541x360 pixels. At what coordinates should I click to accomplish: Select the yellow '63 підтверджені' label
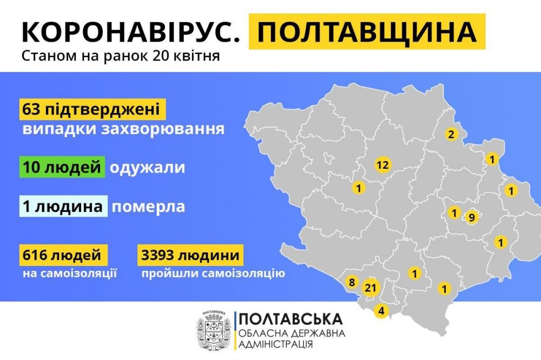click(91, 110)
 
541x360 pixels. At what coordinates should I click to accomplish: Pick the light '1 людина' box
click(62, 206)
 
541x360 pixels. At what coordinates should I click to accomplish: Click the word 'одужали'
click(147, 168)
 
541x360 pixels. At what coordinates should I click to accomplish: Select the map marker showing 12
click(382, 165)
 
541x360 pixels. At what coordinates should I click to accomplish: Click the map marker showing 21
click(371, 288)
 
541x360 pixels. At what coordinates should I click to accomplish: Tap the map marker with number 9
click(471, 217)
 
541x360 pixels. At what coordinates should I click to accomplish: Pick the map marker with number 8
click(352, 282)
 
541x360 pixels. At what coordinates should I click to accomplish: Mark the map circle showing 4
click(381, 311)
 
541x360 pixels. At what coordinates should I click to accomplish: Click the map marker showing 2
click(451, 134)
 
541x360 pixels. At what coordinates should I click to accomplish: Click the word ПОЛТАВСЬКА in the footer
click(290, 319)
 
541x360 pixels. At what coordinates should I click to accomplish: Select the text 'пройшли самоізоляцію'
click(213, 273)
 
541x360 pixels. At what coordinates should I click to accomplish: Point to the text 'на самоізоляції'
click(70, 273)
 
